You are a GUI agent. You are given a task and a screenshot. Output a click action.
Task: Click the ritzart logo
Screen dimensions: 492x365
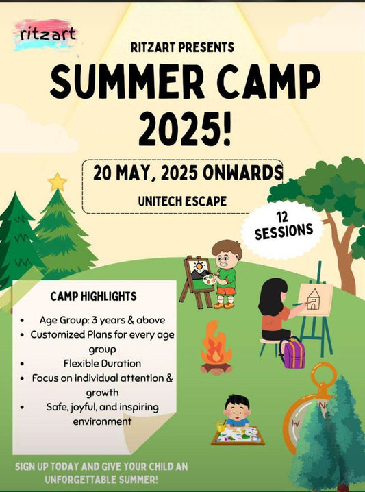click(x=47, y=35)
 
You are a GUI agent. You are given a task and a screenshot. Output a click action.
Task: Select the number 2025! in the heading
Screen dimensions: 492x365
click(x=183, y=127)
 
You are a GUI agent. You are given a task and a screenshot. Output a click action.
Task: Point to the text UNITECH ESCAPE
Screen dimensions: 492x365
click(x=182, y=202)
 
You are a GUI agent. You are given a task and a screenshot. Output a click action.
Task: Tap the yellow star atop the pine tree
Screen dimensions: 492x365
click(x=58, y=182)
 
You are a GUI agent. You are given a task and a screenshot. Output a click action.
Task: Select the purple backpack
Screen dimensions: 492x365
click(x=292, y=352)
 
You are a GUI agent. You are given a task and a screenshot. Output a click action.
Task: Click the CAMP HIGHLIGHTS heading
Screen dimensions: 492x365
click(x=93, y=297)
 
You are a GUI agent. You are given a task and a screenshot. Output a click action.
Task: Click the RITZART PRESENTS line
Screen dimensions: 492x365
click(x=182, y=47)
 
